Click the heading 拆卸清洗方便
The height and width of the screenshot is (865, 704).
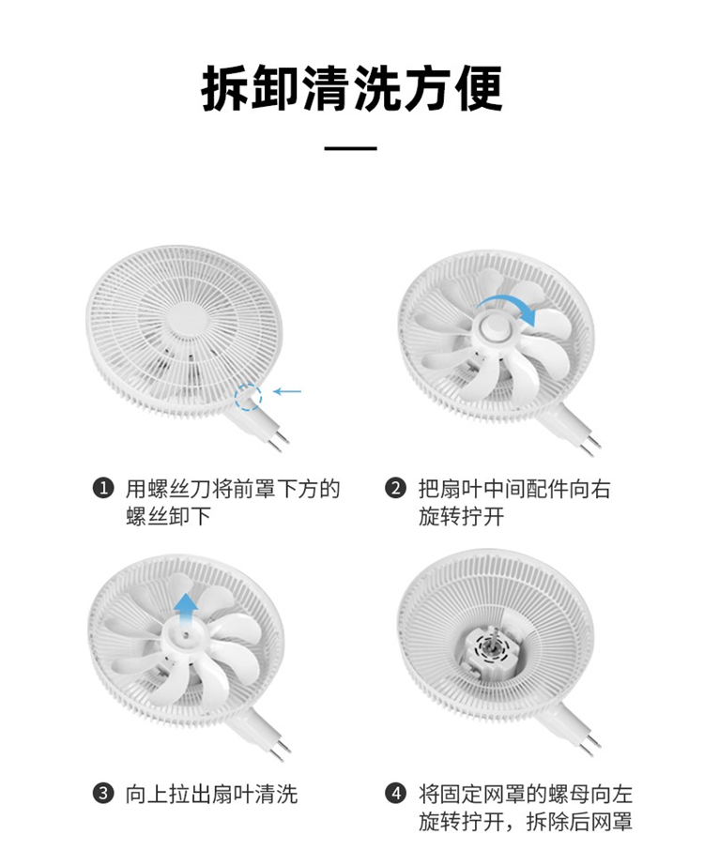[352, 88]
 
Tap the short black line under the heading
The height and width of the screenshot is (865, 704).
[351, 148]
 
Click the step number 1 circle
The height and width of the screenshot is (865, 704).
[102, 489]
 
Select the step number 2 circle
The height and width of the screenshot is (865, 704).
[395, 489]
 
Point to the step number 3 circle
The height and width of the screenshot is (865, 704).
[102, 794]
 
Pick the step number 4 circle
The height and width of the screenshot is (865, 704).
[395, 794]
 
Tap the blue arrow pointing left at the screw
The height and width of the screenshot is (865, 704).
[287, 391]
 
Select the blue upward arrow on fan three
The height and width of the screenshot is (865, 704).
[186, 610]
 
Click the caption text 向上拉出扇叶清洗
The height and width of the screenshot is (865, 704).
[211, 795]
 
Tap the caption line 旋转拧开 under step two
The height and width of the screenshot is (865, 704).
[461, 517]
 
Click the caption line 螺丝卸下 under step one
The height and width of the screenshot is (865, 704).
[168, 517]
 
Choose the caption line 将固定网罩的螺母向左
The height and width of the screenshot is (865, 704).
[525, 795]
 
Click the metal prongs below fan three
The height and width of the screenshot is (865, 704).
[281, 749]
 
